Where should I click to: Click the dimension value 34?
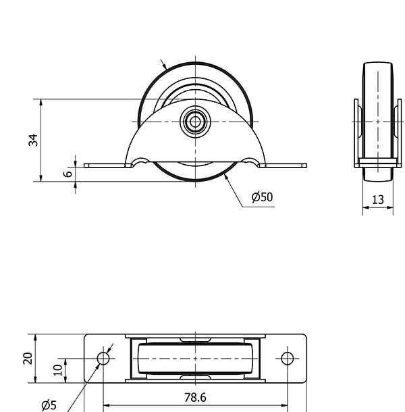(33, 140)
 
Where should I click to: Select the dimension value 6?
(68, 174)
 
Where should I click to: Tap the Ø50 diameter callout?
(262, 197)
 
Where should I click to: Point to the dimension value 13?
(378, 200)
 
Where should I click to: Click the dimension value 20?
(28, 359)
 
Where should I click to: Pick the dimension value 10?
(58, 370)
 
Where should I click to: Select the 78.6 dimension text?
(195, 398)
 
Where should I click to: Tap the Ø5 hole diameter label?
(49, 405)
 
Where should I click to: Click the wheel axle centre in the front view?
(195, 122)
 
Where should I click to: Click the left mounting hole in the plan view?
(103, 359)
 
